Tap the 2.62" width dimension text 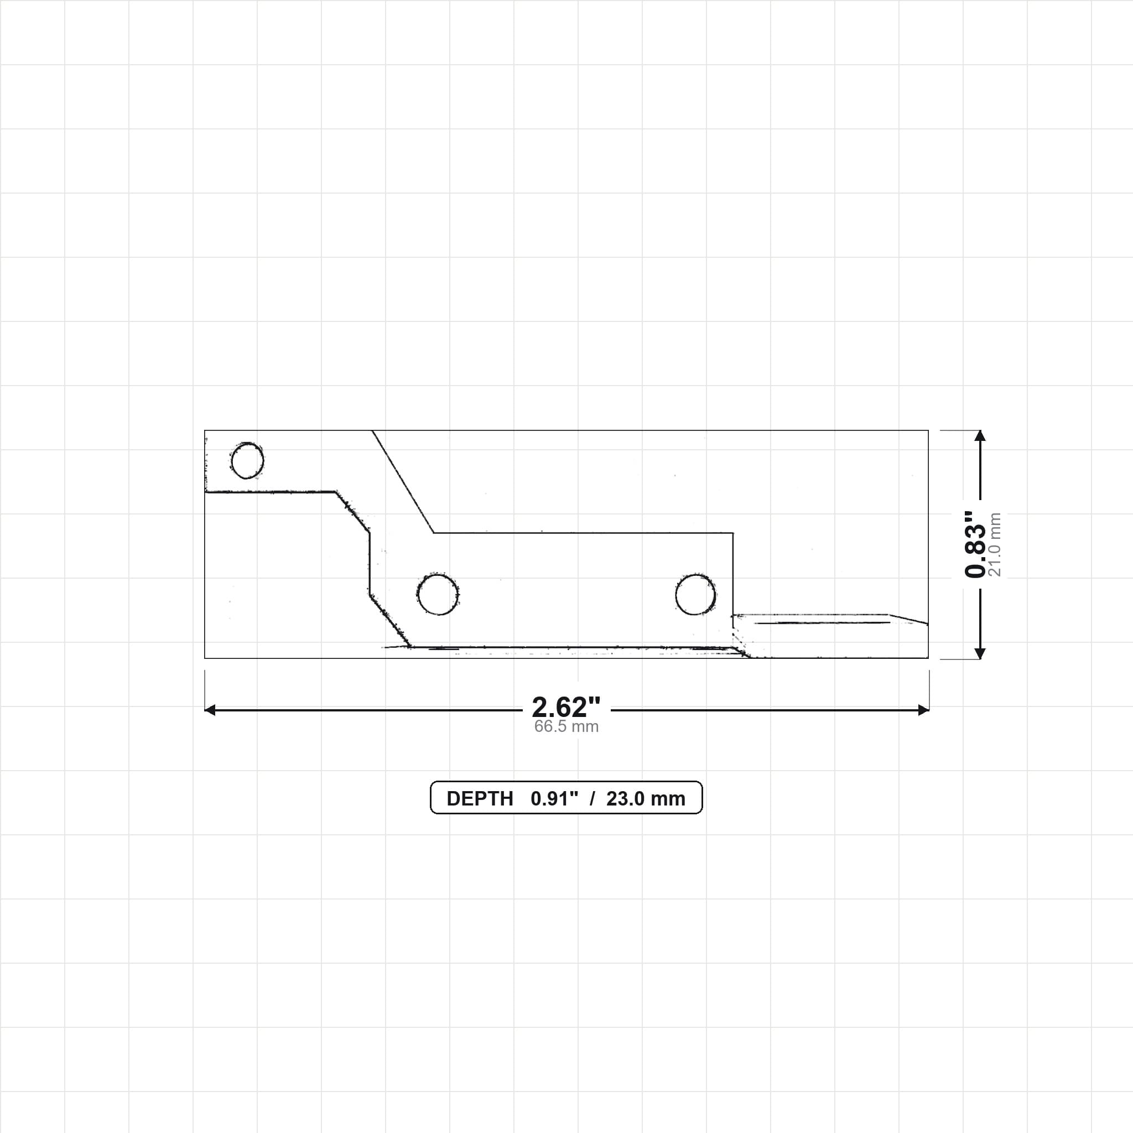(x=566, y=706)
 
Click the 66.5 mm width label (x=566, y=726)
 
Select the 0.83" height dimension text (x=976, y=544)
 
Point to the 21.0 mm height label (x=995, y=544)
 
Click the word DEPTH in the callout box (x=480, y=799)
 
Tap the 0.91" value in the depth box (x=554, y=799)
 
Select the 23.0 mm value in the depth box (x=646, y=799)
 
